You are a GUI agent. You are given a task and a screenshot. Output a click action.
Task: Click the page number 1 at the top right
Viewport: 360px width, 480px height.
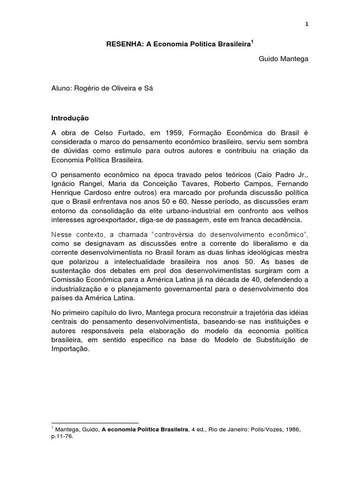pos(306,24)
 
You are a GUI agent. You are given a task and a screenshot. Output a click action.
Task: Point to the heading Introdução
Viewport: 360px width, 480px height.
pos(69,119)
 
